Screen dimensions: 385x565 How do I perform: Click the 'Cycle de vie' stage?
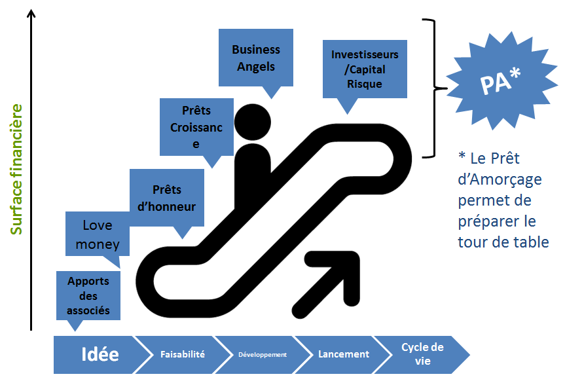coord(422,354)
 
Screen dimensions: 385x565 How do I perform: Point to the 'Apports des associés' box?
coord(88,295)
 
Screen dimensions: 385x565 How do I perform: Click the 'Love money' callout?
coord(98,234)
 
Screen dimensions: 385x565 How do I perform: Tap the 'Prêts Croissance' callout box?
coord(196,128)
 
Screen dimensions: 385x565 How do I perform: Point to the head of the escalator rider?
coord(252,122)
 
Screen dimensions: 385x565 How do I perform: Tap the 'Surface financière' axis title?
coord(18,169)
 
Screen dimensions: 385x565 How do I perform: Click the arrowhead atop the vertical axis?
coord(31,14)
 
